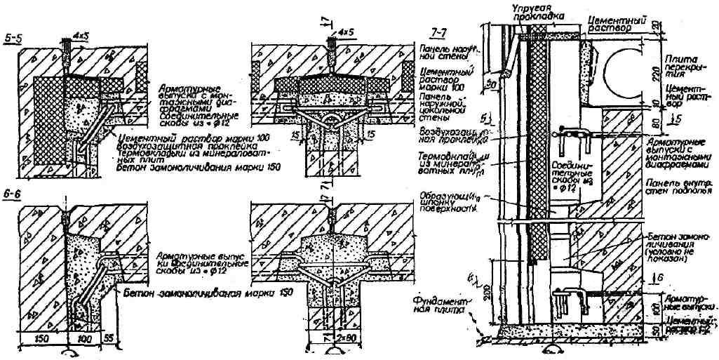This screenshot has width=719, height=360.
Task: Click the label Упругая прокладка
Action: [531, 11]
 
